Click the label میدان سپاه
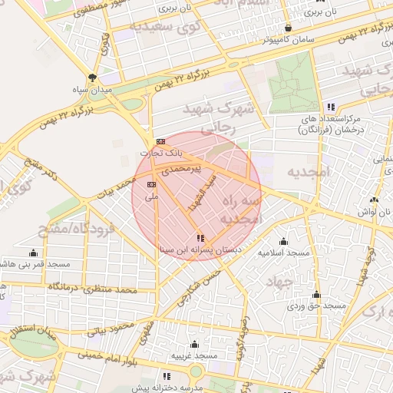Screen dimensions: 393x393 click(x=92, y=89)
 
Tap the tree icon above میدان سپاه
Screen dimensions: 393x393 click(x=93, y=77)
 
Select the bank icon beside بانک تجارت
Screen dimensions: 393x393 click(x=160, y=141)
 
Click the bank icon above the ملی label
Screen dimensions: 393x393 click(x=151, y=184)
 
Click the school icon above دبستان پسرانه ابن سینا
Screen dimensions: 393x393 click(x=200, y=238)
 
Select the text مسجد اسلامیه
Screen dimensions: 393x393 click(x=283, y=253)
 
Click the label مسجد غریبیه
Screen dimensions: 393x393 click(x=194, y=356)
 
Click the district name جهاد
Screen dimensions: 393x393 click(x=279, y=282)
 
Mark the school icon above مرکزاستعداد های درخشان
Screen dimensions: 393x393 click(x=331, y=107)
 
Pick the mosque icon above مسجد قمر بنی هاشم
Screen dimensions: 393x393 click(x=33, y=253)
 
